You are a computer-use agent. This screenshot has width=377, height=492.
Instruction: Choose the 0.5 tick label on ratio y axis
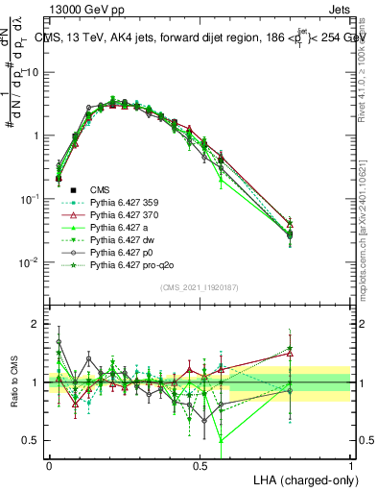pyautogui.click(x=34, y=440)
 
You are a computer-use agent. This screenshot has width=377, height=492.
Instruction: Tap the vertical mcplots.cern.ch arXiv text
pyautogui.click(x=368, y=192)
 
